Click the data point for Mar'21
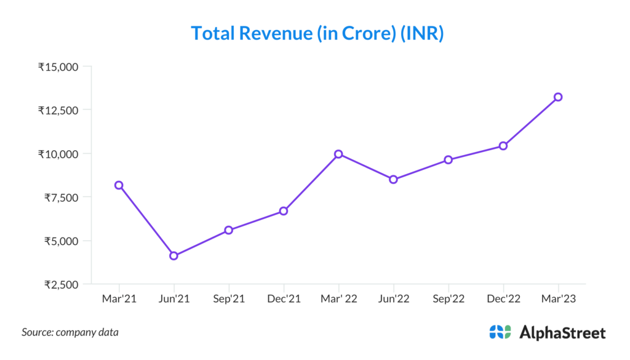tap(119, 185)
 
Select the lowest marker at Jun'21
tap(174, 256)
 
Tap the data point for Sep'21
tap(229, 230)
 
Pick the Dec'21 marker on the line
tap(284, 211)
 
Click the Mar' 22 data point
tap(338, 154)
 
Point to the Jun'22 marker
tap(393, 180)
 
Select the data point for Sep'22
tap(449, 160)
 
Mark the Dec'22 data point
tap(503, 146)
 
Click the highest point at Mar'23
tap(558, 97)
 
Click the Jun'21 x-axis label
tap(174, 299)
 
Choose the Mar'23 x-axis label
tap(558, 299)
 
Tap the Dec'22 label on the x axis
tap(503, 299)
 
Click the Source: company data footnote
tap(70, 332)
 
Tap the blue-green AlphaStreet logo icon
tap(500, 332)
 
